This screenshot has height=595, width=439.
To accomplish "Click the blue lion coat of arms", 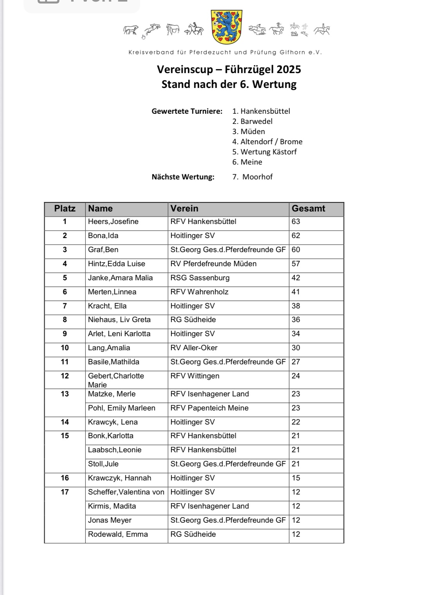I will [x=226, y=27].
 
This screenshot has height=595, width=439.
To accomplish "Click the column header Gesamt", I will [x=308, y=209].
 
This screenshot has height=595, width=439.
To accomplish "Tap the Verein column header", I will [x=184, y=209].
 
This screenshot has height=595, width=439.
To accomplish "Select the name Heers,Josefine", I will [x=113, y=222].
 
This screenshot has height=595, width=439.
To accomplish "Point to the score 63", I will [x=296, y=222].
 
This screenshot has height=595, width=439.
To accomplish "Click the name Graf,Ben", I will [x=103, y=250].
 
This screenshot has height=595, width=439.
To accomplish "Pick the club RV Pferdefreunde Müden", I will [x=213, y=264].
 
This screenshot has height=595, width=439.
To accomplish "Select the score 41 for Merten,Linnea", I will [x=296, y=292].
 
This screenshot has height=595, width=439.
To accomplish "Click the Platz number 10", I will [x=65, y=348].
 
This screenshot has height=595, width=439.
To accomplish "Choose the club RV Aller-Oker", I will [x=194, y=348].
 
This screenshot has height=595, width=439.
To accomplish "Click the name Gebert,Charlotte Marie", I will [x=116, y=380].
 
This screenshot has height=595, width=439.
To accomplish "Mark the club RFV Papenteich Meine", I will [x=210, y=408].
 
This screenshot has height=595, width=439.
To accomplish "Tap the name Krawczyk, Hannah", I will [x=119, y=478].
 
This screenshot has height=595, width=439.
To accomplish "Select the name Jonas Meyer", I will [x=110, y=520].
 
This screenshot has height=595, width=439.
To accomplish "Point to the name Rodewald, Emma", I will [x=118, y=534].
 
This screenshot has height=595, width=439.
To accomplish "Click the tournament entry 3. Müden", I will [x=248, y=132].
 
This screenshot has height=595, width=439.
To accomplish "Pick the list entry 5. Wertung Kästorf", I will [x=264, y=152].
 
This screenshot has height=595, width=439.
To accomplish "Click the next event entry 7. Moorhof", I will [x=252, y=177].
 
